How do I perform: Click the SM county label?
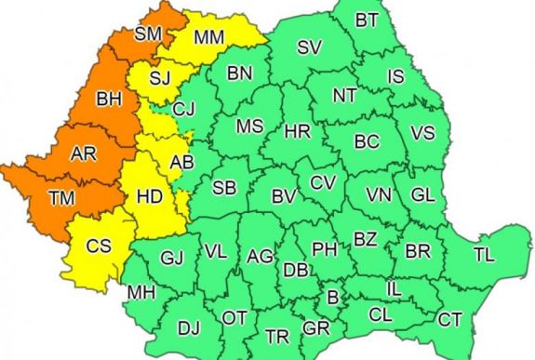[148, 34]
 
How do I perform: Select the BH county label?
[110, 98]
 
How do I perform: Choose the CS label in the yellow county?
[100, 247]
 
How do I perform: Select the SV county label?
[309, 47]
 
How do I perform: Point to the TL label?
[484, 253]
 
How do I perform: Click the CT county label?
[450, 319]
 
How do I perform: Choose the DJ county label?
[189, 327]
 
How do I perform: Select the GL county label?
[422, 194]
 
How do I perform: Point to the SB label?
[224, 187]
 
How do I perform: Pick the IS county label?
[395, 75]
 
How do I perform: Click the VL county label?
[216, 250]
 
